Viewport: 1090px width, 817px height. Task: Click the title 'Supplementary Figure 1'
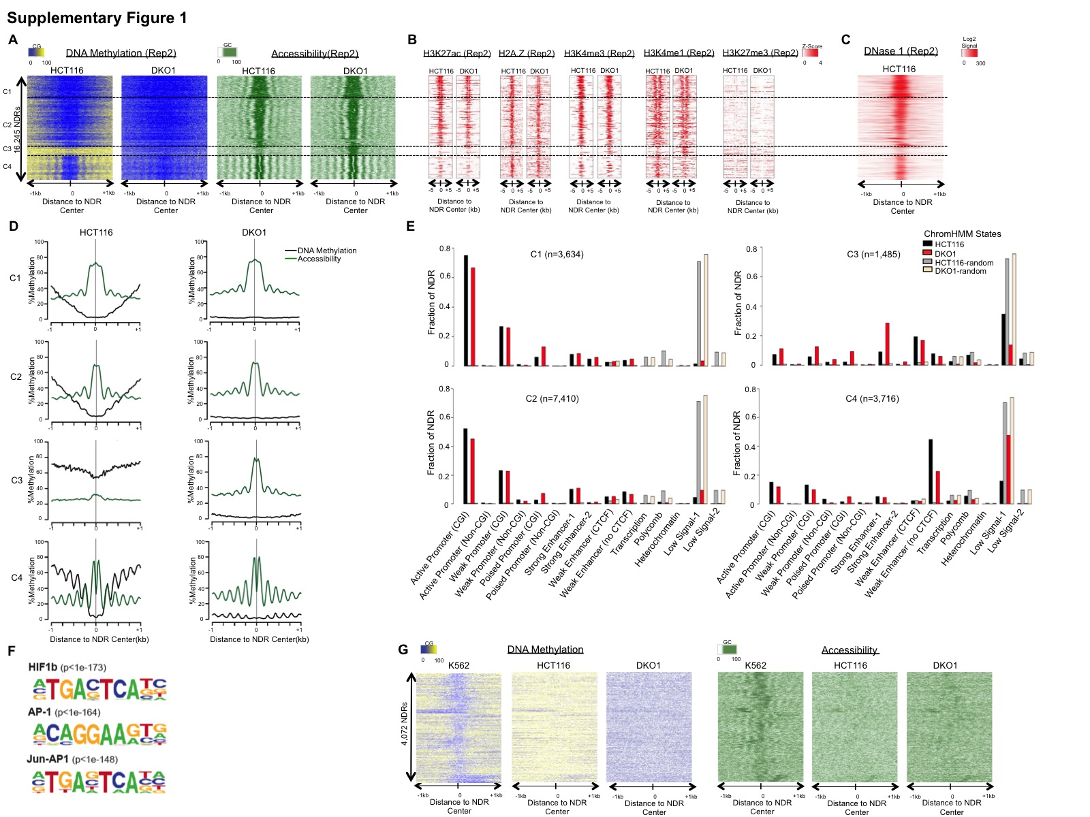point(97,18)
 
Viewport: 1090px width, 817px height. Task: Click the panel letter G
point(403,650)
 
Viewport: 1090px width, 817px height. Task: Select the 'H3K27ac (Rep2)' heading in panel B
point(456,53)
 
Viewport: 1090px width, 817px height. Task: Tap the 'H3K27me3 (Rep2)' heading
point(760,53)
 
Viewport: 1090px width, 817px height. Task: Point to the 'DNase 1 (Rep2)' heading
point(901,51)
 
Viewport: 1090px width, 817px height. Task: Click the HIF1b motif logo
point(99,689)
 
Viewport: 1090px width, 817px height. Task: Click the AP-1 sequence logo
point(99,733)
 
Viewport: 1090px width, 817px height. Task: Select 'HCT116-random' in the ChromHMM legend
point(964,263)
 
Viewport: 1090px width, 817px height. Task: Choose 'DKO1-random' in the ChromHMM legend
point(960,271)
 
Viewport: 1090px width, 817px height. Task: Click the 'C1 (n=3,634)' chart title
point(557,255)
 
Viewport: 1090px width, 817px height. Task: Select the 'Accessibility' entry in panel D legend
point(319,259)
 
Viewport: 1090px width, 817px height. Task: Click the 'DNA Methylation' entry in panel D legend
point(327,251)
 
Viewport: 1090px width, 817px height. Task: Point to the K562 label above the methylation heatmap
point(458,665)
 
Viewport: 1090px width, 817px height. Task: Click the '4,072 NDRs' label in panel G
point(405,724)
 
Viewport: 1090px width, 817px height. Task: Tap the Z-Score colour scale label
point(812,46)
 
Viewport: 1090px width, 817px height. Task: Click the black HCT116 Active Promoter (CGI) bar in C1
point(466,310)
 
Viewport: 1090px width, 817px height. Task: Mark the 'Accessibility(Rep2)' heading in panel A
point(315,54)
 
